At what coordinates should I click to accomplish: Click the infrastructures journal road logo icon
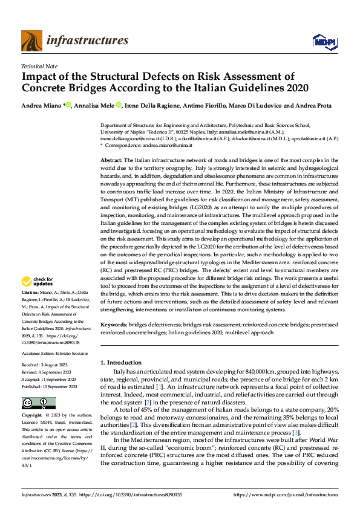point(31,41)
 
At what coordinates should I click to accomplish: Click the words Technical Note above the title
point(41,65)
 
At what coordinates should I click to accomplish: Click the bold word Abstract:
point(112,159)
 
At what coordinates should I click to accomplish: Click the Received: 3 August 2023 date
point(49,365)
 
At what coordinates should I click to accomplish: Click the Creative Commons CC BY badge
point(38,403)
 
